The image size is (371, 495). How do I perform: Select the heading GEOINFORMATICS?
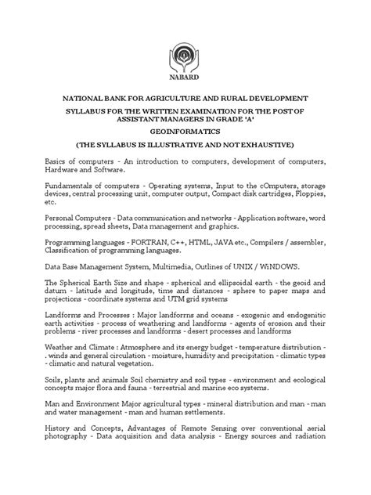pos(185,133)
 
